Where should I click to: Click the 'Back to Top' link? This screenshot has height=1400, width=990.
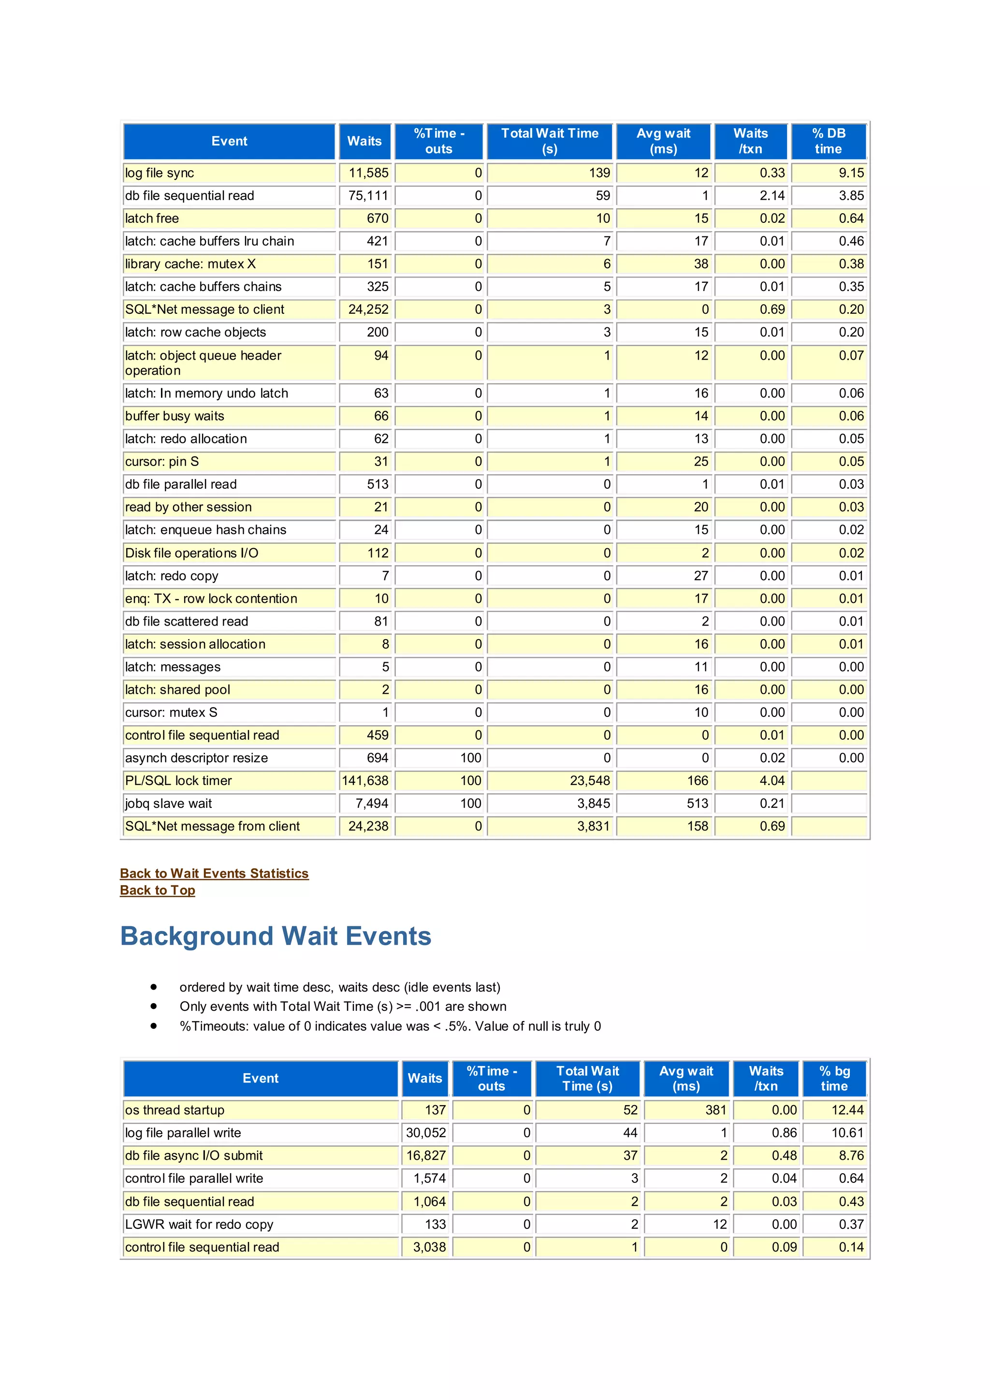pyautogui.click(x=157, y=890)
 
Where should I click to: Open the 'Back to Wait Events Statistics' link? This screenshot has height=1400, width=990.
pyautogui.click(x=214, y=873)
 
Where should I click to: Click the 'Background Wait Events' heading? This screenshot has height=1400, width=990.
pyautogui.click(x=276, y=936)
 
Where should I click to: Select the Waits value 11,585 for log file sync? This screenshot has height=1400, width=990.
pyautogui.click(x=368, y=173)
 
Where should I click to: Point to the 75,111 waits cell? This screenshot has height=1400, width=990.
pyautogui.click(x=368, y=196)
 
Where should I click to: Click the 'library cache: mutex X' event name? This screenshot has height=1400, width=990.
pyautogui.click(x=190, y=264)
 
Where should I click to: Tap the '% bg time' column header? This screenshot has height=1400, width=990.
pyautogui.click(x=834, y=1078)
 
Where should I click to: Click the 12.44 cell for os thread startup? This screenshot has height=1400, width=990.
pyautogui.click(x=847, y=1110)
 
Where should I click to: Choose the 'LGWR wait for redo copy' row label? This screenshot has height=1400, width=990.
pyautogui.click(x=199, y=1225)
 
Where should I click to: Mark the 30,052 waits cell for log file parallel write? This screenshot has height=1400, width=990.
pyautogui.click(x=426, y=1133)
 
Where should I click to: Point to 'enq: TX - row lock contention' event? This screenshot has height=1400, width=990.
pyautogui.click(x=211, y=599)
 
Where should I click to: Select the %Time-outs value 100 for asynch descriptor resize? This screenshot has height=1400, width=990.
pyautogui.click(x=470, y=758)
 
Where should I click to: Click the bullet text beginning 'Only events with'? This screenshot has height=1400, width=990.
pyautogui.click(x=343, y=1006)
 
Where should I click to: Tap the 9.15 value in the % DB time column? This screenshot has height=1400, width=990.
pyautogui.click(x=851, y=173)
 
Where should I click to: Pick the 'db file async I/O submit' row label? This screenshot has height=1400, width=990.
pyautogui.click(x=194, y=1155)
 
